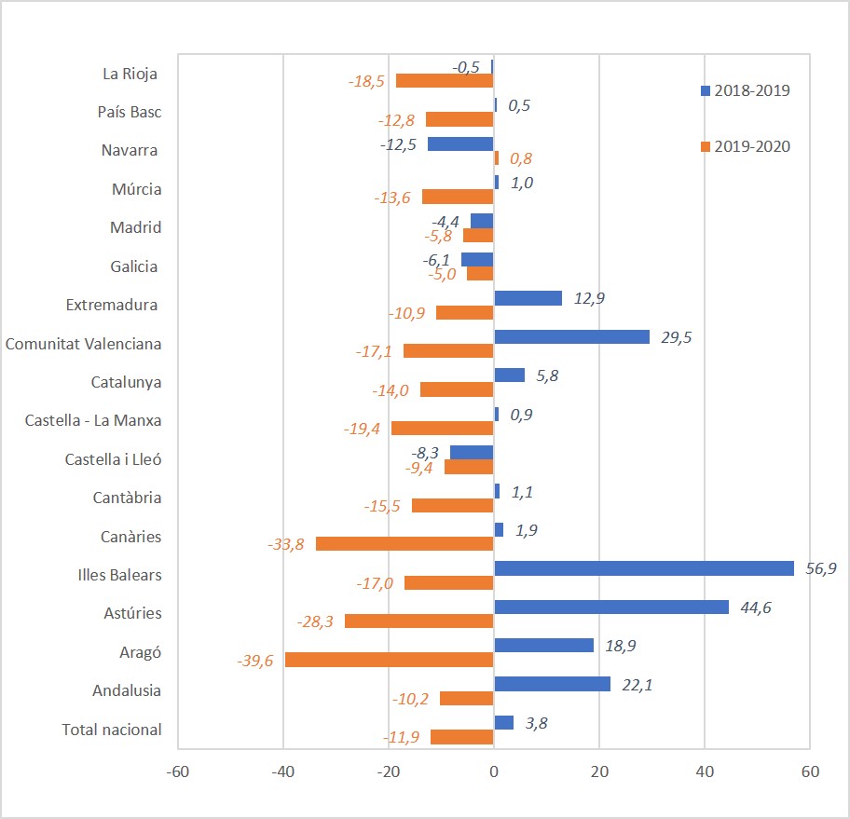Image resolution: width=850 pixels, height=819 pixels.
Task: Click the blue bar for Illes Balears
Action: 643,568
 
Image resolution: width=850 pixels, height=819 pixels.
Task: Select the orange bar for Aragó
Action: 390,660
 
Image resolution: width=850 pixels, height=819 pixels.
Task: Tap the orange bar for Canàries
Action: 404,543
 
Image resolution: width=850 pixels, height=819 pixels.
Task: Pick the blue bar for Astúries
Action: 611,607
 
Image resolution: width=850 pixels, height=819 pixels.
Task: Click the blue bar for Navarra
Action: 460,144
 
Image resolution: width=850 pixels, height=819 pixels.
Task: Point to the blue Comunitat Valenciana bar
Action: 571,336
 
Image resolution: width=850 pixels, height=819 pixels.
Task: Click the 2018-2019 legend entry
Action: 746,90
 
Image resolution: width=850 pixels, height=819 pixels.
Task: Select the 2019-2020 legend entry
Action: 746,146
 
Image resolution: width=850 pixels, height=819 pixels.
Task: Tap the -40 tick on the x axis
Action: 283,772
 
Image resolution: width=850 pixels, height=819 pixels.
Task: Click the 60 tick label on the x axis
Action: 809,772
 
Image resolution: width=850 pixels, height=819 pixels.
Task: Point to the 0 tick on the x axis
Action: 494,772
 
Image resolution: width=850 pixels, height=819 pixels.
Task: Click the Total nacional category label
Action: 112,730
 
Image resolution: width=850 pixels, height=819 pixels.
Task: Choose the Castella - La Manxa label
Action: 93,420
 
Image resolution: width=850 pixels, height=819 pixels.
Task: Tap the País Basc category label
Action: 130,112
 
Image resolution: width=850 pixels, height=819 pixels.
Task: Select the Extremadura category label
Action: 112,305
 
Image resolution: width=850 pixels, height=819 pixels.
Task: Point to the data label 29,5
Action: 672,336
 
